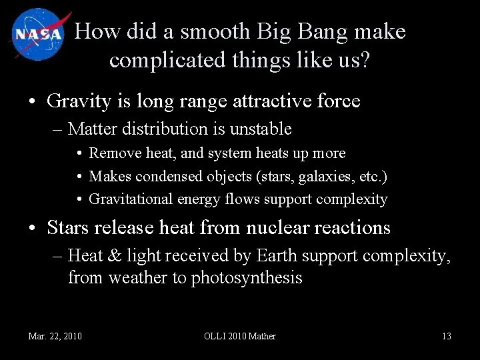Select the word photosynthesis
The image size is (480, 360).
coord(247,278)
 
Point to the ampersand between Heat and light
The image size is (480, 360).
coord(117,255)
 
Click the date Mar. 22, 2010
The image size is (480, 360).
coord(55,336)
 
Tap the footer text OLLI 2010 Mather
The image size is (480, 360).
coord(239,336)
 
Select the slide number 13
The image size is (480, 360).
coord(446,336)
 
